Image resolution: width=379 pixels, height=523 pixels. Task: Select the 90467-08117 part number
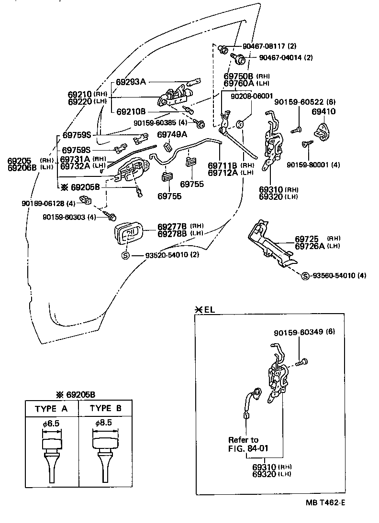tap(263, 46)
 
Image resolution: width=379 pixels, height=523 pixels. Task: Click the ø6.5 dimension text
tap(51, 423)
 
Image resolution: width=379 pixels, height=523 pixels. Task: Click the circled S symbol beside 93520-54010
tap(126, 255)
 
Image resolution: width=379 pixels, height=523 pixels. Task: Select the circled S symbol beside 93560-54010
tap(304, 275)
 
